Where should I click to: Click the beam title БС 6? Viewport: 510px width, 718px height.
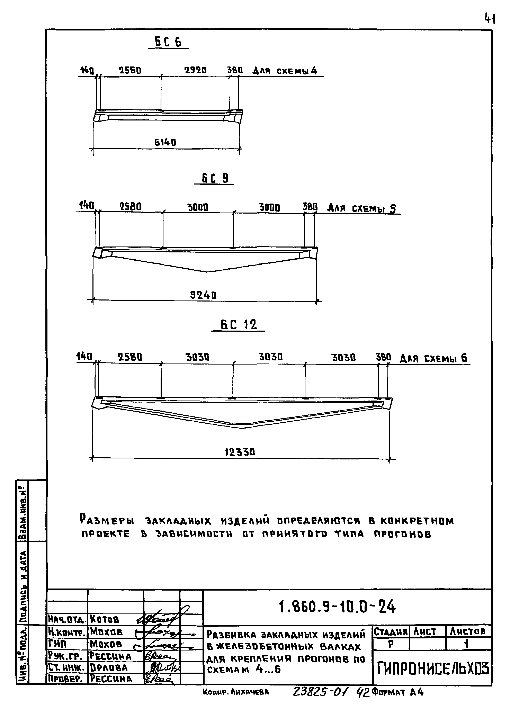(168, 42)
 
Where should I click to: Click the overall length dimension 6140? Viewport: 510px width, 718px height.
(165, 143)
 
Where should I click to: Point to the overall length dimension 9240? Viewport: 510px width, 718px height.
(203, 295)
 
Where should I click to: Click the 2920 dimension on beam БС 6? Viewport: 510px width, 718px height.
(195, 70)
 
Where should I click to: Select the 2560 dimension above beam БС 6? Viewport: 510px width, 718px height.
(130, 70)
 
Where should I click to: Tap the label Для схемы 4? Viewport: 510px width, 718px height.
(285, 71)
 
